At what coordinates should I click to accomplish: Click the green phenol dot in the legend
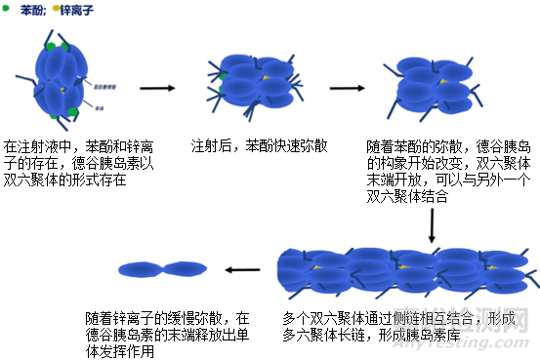click(6, 6)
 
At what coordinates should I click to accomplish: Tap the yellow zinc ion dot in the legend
click(56, 6)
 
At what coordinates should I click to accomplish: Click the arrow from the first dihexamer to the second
click(157, 89)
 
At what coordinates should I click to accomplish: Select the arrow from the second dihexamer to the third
click(347, 89)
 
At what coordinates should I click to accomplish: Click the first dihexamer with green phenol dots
click(61, 80)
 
